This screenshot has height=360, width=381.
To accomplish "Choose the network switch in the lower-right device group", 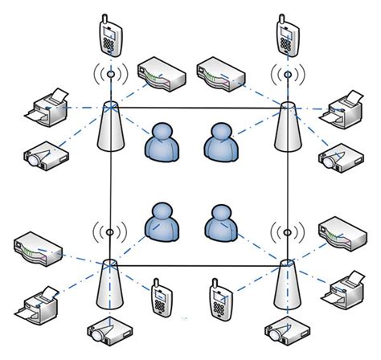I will (342, 232).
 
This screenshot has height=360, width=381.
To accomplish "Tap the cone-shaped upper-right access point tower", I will (286, 129).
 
